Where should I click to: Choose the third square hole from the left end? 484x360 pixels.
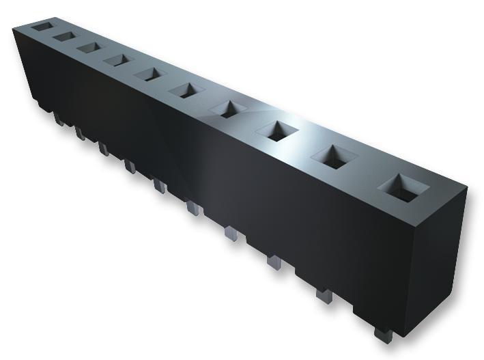click(87, 46)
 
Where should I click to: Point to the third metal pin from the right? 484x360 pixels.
click(274, 262)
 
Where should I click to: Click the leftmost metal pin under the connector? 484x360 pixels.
click(57, 119)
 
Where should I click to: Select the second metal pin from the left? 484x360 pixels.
click(79, 133)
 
